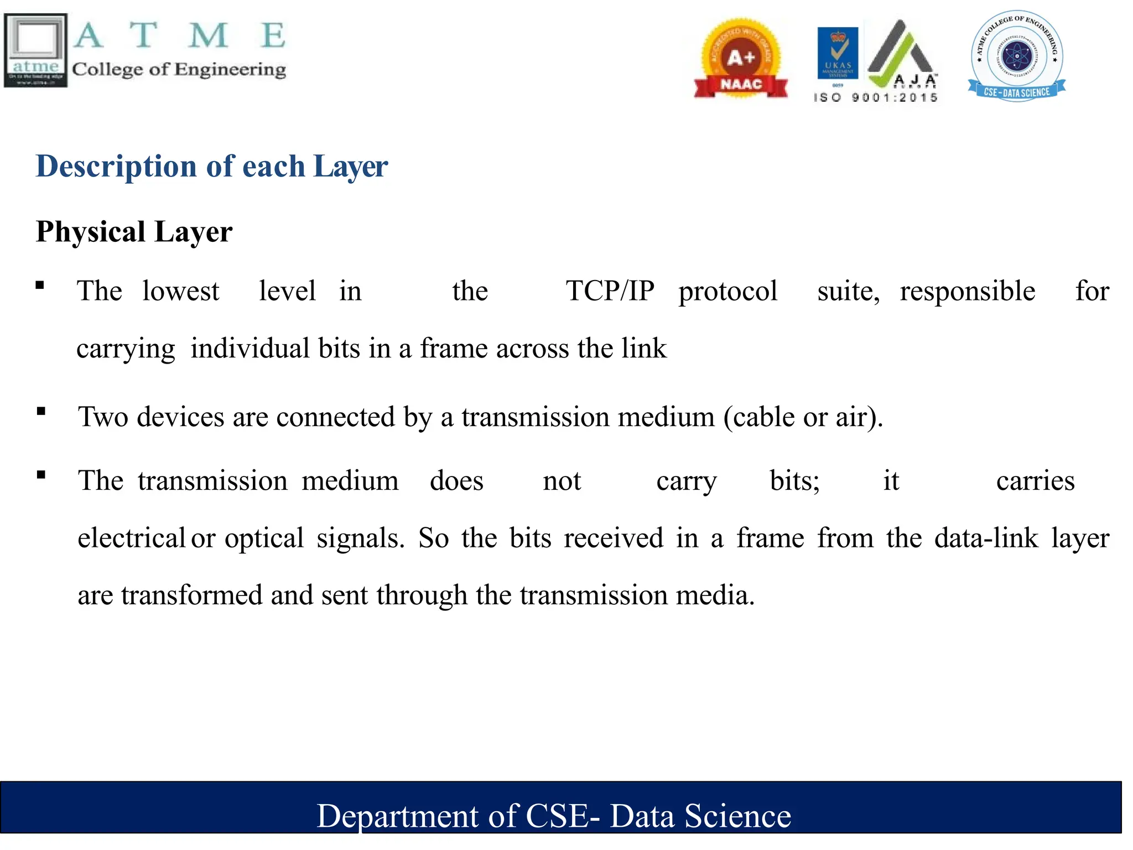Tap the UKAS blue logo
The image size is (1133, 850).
tap(838, 53)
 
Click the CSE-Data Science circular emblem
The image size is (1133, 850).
tap(1017, 56)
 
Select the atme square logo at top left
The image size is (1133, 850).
tap(35, 50)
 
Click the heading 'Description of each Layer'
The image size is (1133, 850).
tap(212, 166)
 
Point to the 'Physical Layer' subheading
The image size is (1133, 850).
tap(134, 231)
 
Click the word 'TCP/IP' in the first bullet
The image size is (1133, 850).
tap(610, 291)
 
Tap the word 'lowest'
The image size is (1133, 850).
tap(180, 291)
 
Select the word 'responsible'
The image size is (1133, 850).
tap(968, 291)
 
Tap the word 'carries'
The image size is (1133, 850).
tap(1035, 481)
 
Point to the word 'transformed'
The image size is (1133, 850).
tap(192, 595)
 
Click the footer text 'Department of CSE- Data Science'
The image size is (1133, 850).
tap(554, 816)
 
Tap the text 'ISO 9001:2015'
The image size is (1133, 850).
tap(875, 98)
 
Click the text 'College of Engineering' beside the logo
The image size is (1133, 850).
tap(179, 70)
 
